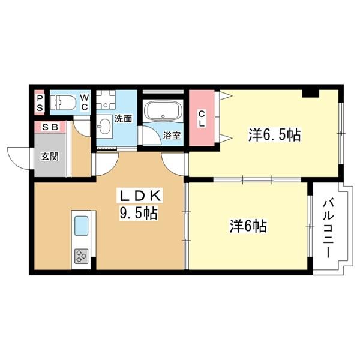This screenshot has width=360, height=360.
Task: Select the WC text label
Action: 85,103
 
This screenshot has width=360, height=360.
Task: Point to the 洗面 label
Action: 124,119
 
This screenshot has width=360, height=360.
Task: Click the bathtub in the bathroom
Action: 163,113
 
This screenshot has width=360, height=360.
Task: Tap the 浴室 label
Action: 172,135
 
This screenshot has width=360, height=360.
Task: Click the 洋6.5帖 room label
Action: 274,134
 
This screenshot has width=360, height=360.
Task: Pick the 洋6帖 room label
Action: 248,226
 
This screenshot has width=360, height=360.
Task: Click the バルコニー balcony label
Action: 328,228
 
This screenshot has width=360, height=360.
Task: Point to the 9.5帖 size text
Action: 139,214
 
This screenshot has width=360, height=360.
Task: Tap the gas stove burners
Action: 81,257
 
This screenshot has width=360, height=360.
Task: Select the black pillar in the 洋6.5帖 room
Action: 310,92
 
